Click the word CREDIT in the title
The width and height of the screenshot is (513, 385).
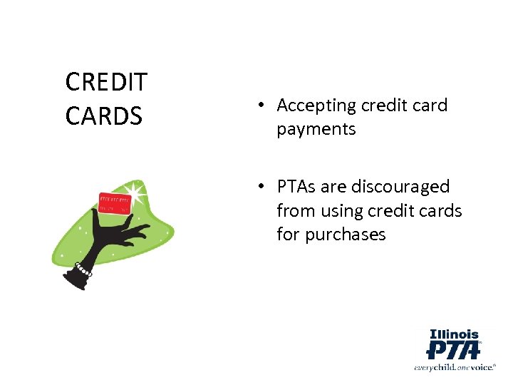tap(106, 82)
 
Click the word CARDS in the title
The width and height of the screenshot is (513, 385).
tap(104, 115)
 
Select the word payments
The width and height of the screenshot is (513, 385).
tap(316, 130)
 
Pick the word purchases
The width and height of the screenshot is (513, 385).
tap(346, 235)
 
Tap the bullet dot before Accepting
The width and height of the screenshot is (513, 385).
tap(262, 106)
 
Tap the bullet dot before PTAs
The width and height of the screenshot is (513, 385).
tap(262, 187)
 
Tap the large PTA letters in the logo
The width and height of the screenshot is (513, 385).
tap(452, 351)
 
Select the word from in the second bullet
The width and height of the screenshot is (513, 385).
tap(294, 211)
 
